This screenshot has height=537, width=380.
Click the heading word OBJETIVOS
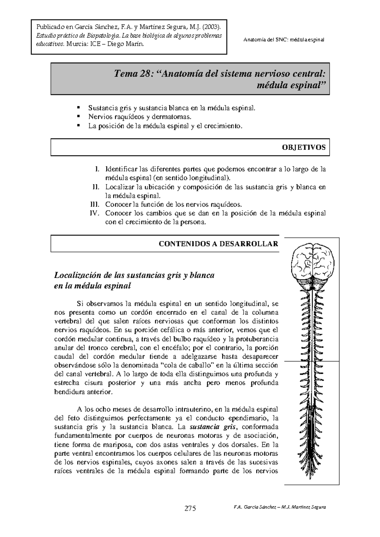(304, 147)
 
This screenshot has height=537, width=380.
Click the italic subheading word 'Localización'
(77, 275)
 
